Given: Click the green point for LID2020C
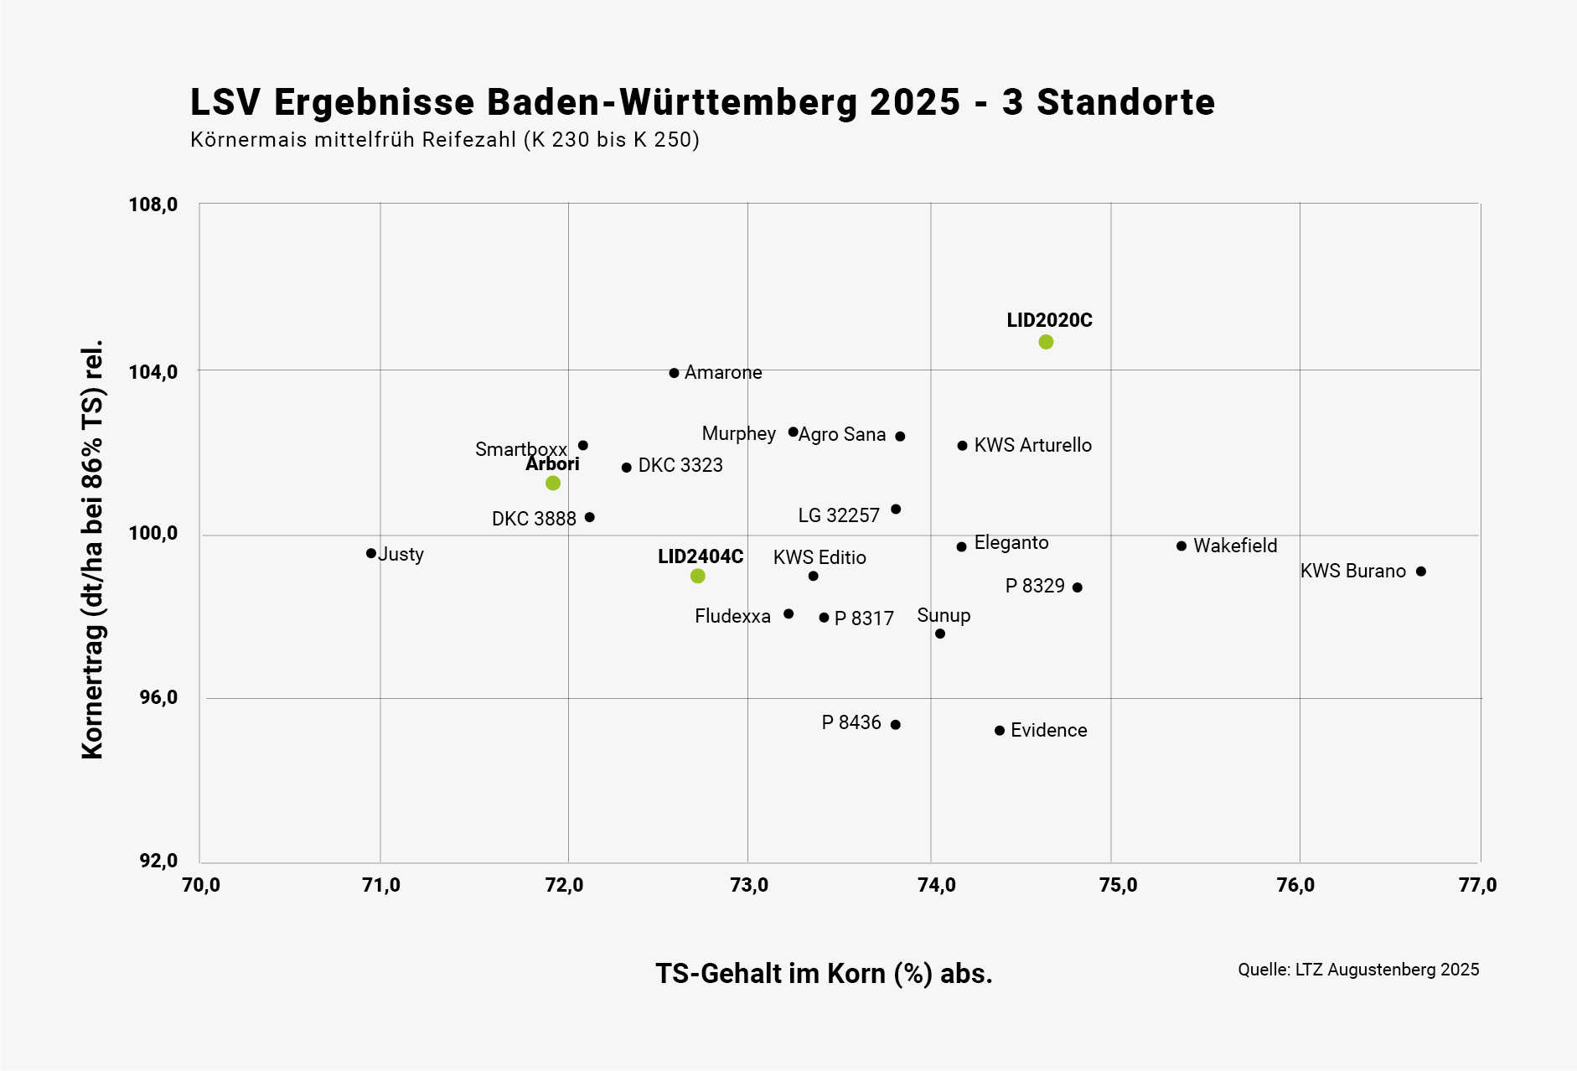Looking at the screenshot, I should point(1046,342).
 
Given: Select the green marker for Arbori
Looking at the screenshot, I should point(553,484).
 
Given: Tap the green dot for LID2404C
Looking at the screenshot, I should point(698,576).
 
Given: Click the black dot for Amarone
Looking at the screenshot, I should point(675,373).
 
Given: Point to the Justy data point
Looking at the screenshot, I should point(371,553).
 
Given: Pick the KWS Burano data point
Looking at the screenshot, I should point(1421,572).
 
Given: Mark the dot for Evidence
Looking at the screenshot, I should point(1000,731).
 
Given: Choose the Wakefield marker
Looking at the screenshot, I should point(1181,546).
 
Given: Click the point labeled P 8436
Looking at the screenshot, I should point(896,725).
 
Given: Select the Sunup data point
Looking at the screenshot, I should point(940,634).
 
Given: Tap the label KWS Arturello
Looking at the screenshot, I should point(1032,446).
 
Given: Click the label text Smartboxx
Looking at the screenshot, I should point(520,449).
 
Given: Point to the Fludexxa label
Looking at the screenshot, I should point(732,617).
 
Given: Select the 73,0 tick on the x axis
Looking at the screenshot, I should point(749,886).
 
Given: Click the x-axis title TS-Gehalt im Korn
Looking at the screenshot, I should point(824,974).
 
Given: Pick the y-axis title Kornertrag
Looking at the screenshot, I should point(92,549).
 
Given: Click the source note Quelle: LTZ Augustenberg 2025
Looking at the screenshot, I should point(1358,970).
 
